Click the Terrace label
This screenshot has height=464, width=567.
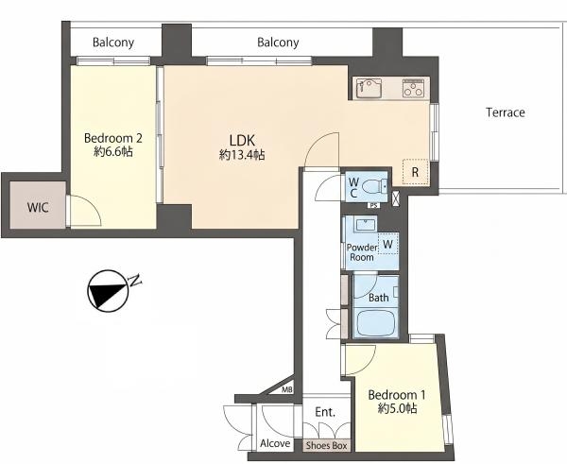506,112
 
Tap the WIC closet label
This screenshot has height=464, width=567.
38,208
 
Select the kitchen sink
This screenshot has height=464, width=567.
369,88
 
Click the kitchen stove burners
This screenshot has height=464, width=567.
414,88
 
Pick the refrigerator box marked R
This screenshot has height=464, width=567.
415,172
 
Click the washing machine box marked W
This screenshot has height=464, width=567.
387,244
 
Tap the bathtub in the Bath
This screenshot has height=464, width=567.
376,324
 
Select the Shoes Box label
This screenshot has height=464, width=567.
327,445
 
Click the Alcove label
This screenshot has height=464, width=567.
275,443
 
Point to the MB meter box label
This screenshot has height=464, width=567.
287,390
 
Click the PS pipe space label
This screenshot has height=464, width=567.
374,206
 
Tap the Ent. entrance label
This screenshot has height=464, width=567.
325,412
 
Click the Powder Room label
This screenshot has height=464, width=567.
362,252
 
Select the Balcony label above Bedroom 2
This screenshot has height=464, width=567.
113,43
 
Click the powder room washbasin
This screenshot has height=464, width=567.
365,225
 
